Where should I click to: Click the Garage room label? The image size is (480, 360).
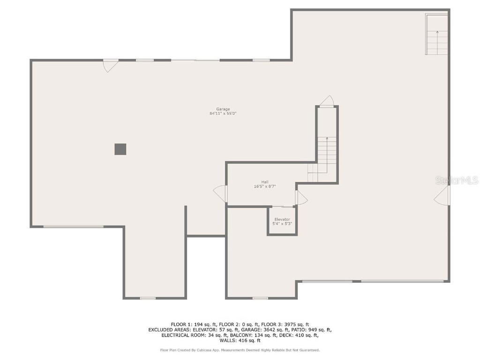click(223, 109)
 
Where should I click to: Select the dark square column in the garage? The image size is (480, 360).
click(120, 149)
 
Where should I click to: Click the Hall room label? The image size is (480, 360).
click(265, 182)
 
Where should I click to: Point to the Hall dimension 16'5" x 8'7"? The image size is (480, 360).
click(265, 186)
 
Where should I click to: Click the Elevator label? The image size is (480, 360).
click(282, 219)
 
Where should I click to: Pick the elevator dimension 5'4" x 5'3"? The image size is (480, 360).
click(282, 224)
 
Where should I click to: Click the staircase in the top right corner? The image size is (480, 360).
click(437, 35)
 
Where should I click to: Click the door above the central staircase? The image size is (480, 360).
click(327, 101)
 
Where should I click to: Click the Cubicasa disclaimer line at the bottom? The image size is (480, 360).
click(240, 350)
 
